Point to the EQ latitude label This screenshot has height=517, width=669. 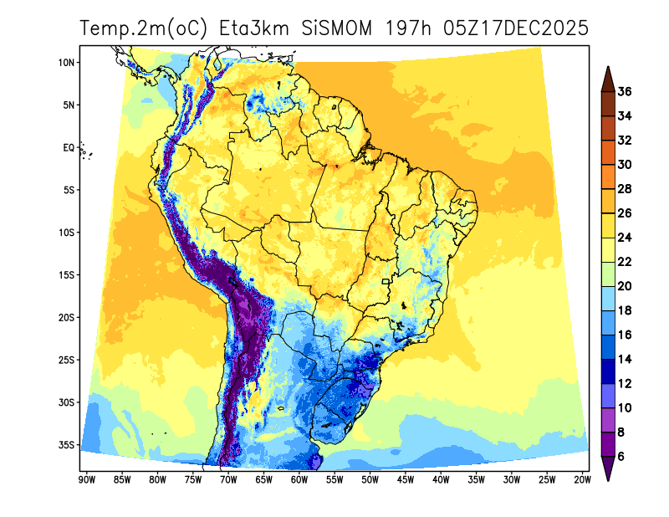point(69,148)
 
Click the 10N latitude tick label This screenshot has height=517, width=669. point(67,63)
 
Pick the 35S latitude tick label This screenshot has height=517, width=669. point(67,445)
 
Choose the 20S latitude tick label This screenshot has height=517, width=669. point(67,318)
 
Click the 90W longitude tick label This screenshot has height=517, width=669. point(85,479)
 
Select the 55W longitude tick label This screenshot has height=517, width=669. point(334,479)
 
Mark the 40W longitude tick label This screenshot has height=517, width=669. point(441,479)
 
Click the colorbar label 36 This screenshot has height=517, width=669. point(624,91)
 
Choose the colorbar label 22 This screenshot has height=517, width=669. point(624,262)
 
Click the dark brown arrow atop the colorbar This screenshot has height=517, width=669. point(608,78)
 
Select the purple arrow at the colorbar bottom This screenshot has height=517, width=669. point(608,468)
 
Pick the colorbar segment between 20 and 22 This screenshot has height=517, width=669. point(608,274)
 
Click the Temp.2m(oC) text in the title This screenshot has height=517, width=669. point(144,28)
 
